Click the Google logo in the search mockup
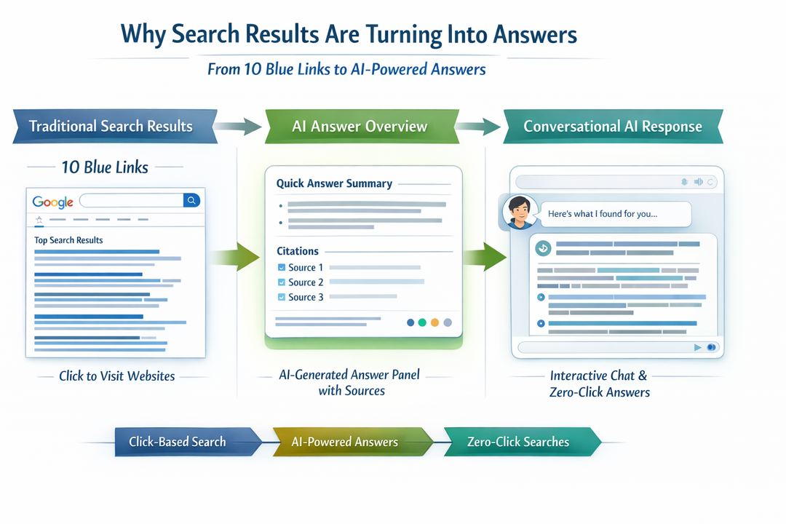(53, 202)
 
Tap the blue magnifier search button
(191, 200)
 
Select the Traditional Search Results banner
(111, 126)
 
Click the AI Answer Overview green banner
(360, 126)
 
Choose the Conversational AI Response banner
(612, 126)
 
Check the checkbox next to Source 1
(282, 268)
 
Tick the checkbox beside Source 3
(282, 297)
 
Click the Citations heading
(298, 251)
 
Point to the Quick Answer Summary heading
(334, 184)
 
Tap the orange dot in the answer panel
(435, 322)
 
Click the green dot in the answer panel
(422, 322)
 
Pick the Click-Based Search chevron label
(178, 442)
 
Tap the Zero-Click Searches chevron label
(518, 442)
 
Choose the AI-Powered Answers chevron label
(345, 442)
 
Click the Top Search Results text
(68, 240)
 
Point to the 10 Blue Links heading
(105, 167)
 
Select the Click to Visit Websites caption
(116, 376)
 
